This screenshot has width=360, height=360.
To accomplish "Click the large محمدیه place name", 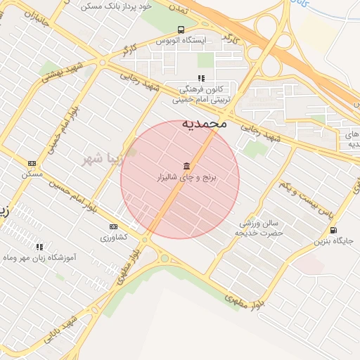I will (x=205, y=122).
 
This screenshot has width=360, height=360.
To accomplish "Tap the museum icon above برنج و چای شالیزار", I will (x=186, y=166).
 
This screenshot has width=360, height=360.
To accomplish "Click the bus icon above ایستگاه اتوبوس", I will (x=181, y=30).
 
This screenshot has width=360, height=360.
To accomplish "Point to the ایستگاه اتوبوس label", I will (x=181, y=41).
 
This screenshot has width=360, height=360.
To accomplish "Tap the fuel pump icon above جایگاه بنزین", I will (x=333, y=230).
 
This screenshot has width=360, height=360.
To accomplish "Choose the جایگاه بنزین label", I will (x=337, y=241).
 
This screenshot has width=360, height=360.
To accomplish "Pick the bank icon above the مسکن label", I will (x=31, y=163).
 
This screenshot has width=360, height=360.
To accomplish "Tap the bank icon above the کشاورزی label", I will (x=113, y=226).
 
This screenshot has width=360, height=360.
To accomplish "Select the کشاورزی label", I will (x=113, y=238).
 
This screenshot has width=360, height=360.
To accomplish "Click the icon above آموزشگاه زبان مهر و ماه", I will (x=39, y=247).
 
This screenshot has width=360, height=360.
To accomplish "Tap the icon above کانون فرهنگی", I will (x=201, y=79).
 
